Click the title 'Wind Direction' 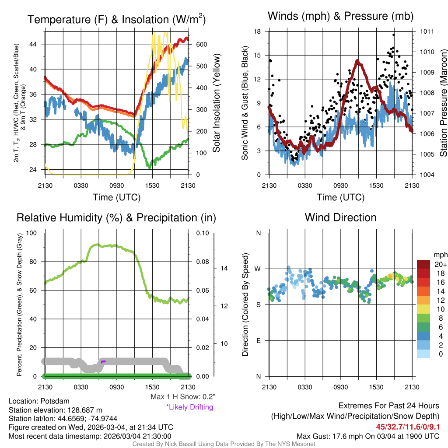click(340, 217)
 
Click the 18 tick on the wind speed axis click(258, 31)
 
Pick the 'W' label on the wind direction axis click(258, 269)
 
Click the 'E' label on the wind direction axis click(259, 340)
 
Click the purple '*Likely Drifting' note click(189, 407)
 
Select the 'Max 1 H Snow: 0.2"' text click(183, 397)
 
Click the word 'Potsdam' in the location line click(55, 401)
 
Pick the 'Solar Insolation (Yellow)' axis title click(216, 103)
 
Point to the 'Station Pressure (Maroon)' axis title click(443, 103)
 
